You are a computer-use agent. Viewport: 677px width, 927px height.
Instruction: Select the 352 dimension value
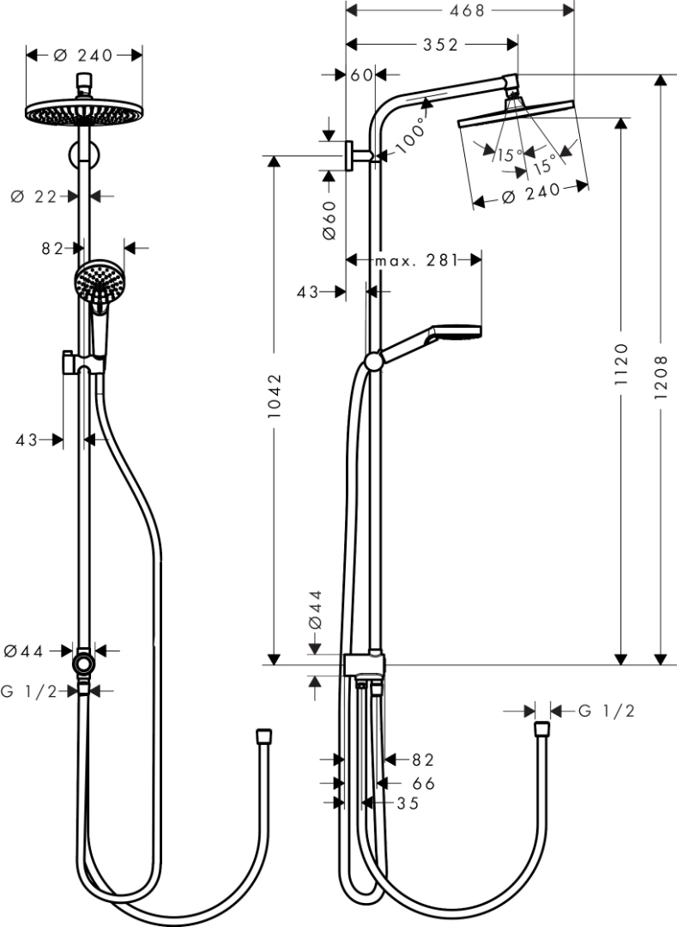(440, 45)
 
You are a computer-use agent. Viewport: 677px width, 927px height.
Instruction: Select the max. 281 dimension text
(415, 261)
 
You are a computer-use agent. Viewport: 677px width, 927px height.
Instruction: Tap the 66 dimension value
(423, 784)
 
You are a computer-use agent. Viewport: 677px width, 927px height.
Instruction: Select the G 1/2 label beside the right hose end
(606, 711)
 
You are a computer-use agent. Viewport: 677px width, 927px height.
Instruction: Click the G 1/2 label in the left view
(29, 692)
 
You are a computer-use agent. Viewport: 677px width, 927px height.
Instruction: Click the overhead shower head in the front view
(83, 111)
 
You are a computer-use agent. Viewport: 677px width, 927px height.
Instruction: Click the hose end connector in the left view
(264, 737)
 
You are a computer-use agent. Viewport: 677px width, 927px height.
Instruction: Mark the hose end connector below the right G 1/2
(541, 731)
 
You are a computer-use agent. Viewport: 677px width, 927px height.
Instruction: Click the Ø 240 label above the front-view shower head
(83, 56)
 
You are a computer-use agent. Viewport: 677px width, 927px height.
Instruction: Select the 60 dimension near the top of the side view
(362, 75)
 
